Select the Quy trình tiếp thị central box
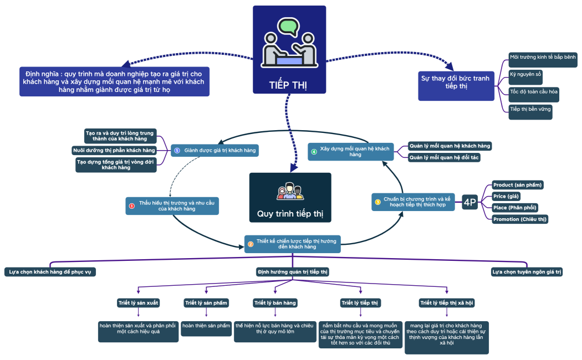coord(290,198)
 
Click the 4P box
coord(469,203)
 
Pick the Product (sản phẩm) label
coord(518,184)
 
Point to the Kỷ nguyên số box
coord(526,74)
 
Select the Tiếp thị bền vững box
coord(530,110)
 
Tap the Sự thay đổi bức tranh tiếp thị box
coord(456,83)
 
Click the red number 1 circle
coord(132,206)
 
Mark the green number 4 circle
coord(314,152)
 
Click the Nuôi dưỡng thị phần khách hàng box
coord(114,150)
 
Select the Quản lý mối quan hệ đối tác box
coord(444,157)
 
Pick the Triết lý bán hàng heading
coord(275,302)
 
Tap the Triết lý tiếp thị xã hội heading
coord(447,302)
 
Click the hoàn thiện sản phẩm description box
coord(206,326)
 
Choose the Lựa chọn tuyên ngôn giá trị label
coord(527,272)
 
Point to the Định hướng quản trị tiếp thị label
coord(293,272)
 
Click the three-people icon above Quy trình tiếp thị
coord(290,191)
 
